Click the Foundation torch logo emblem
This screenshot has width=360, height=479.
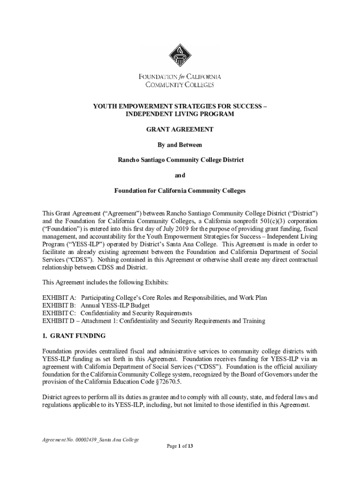[180, 56]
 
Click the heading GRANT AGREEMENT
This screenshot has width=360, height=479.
[180, 129]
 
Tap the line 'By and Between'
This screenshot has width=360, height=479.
[180, 145]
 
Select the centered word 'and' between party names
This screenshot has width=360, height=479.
[180, 175]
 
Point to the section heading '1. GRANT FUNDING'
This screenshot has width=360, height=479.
[74, 336]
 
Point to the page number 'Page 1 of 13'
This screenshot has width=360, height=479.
[180, 446]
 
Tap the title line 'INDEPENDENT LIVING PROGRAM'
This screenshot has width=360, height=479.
[180, 114]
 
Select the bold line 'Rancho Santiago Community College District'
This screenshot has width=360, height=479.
[180, 160]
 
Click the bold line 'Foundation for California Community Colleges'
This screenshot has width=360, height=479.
[180, 191]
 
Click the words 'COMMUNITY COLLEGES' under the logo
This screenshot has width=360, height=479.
[180, 85]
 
